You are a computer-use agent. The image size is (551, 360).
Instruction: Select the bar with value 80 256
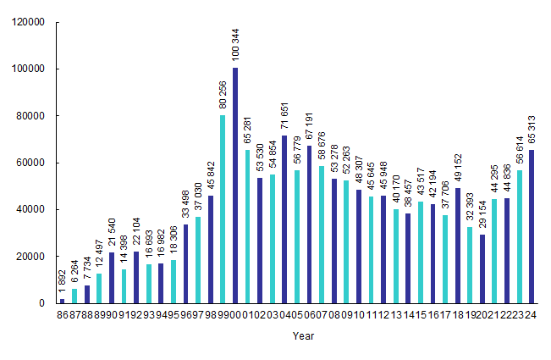(223, 208)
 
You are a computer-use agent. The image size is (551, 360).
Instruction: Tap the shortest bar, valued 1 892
(62, 301)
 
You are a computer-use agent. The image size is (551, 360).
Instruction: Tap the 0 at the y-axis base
(41, 302)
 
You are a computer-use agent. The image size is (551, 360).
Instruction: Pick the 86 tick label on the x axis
(62, 314)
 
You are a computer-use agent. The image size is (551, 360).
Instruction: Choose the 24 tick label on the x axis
(532, 314)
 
